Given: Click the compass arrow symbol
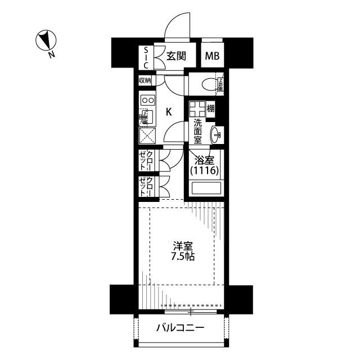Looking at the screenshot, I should pos(44,40).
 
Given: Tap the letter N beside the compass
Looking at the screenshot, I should pos(51,55).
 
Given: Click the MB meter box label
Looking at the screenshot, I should pos(211,56).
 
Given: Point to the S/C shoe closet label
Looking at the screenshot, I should pos(145,56).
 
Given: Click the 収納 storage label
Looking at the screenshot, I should pos(145,80).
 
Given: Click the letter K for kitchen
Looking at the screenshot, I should pos(168,111).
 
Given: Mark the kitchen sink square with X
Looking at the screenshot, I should pos(147,136).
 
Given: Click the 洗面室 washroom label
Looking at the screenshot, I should pos(198,130).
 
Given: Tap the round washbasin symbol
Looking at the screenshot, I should pos(217,134).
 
